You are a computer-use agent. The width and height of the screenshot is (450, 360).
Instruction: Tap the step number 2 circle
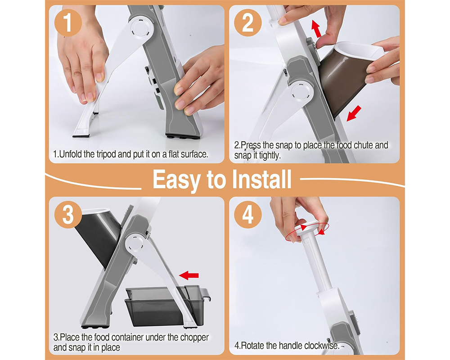coord(248,23)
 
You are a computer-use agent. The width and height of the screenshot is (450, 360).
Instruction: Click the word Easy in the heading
coord(176,179)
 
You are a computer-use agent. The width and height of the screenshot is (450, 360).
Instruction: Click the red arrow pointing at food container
coord(189,274)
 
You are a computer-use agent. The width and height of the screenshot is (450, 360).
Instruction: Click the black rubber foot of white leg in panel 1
coord(81,134)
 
